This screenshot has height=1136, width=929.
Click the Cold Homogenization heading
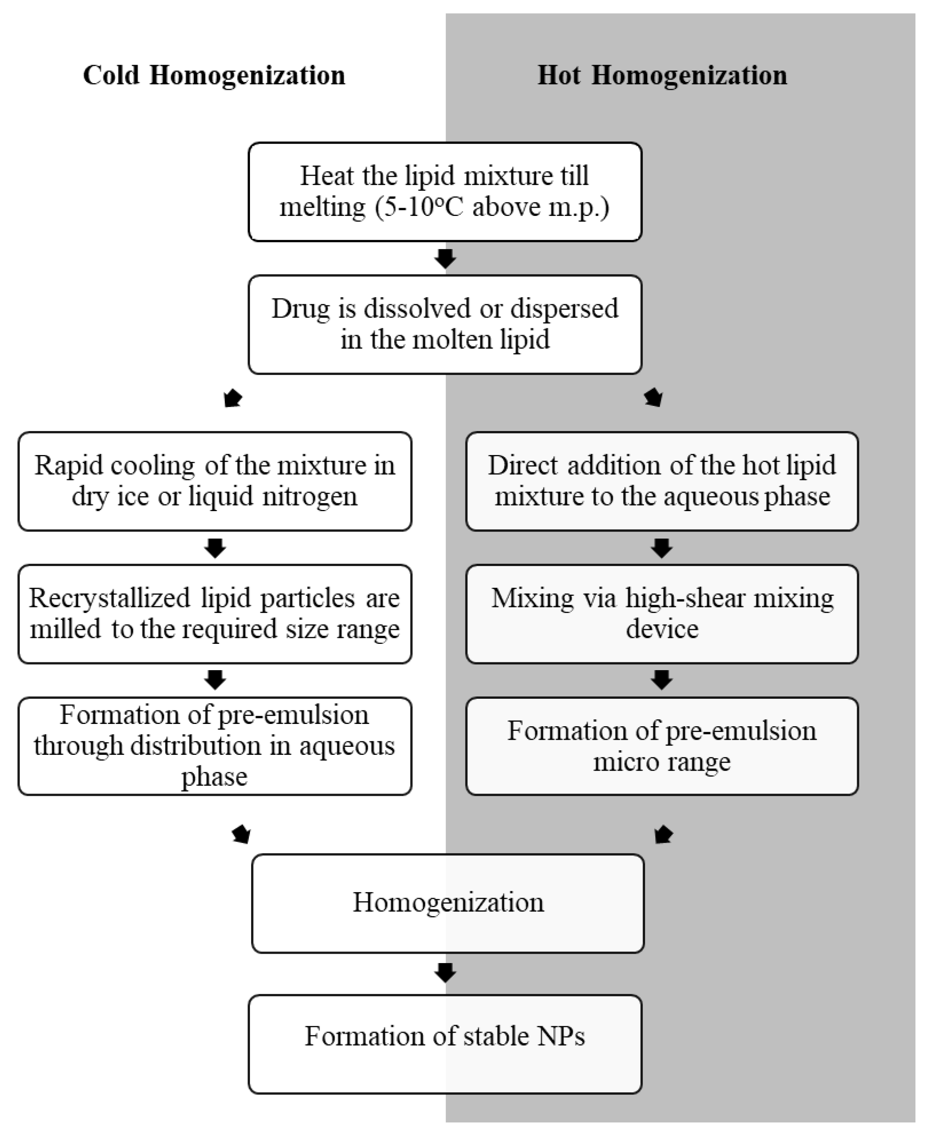tap(214, 75)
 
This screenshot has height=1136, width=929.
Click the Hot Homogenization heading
tap(662, 75)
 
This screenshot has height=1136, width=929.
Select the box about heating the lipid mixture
tap(445, 192)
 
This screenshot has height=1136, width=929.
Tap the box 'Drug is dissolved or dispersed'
tap(445, 324)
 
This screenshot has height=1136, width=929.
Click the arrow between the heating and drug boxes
tap(445, 258)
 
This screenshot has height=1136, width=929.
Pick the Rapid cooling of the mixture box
tap(215, 481)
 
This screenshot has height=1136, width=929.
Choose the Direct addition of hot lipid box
tap(662, 481)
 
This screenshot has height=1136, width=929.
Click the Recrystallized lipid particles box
tap(215, 614)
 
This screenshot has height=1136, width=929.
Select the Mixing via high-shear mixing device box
tap(662, 614)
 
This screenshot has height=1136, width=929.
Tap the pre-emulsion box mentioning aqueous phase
tap(215, 746)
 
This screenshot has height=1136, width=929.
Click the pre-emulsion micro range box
tap(662, 746)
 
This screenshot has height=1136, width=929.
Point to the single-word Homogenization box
tap(447, 903)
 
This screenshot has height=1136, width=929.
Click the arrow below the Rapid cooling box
tap(215, 548)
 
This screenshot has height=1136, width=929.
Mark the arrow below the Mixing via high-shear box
tap(662, 680)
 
